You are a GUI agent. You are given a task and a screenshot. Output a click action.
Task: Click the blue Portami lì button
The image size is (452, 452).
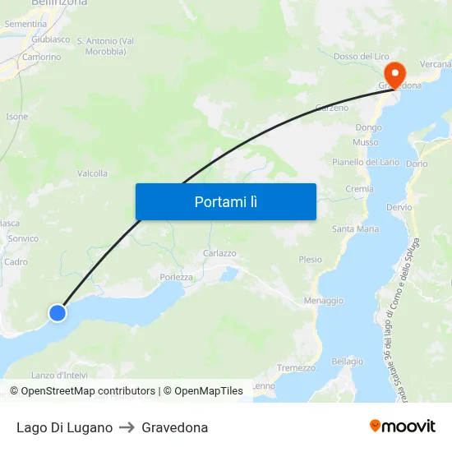225,201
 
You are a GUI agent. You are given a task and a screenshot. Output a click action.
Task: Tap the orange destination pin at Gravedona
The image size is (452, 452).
394,74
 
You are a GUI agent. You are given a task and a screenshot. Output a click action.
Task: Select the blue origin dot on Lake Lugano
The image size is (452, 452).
57,313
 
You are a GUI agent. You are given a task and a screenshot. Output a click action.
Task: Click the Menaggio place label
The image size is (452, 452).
324,301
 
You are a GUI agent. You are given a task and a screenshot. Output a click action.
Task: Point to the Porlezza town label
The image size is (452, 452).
177,277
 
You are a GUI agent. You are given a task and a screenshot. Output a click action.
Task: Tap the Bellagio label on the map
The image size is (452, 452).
348,362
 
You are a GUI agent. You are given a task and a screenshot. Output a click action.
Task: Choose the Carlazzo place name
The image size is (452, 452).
219,254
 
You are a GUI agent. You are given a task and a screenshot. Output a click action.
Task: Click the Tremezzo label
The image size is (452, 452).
297,367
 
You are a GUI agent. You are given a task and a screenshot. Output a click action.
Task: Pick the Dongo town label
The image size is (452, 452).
368,127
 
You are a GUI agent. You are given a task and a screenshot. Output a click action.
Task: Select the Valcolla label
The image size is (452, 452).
92,173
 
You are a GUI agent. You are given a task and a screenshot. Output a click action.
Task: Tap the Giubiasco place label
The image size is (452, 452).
51,39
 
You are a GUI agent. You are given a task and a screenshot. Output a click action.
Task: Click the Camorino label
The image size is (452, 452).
41,57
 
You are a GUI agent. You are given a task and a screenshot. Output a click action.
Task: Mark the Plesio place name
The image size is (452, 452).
311,259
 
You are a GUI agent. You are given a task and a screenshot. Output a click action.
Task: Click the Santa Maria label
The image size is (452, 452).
355,228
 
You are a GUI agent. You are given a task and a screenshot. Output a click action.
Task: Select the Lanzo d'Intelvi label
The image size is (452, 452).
59,376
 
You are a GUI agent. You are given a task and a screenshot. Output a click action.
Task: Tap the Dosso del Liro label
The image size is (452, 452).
362,56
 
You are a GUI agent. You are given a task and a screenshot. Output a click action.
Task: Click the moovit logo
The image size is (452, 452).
402,427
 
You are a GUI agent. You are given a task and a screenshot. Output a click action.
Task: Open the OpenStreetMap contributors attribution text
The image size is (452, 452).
88,391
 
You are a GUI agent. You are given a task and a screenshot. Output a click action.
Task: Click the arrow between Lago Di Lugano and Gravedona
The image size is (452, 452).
127,427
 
